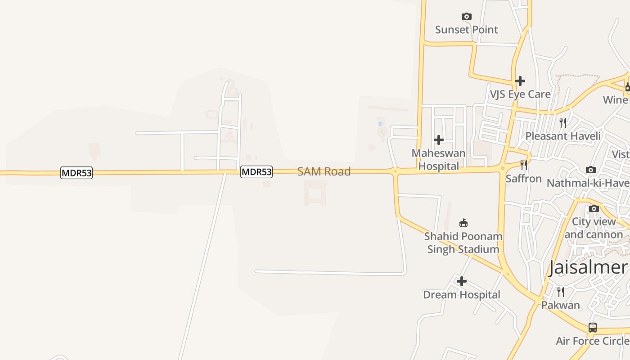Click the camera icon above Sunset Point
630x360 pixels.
pyautogui.click(x=467, y=17)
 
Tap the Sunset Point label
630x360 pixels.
pyautogui.click(x=467, y=30)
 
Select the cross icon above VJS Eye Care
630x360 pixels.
pyautogui.click(x=520, y=81)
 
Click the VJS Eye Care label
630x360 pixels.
pyautogui.click(x=520, y=94)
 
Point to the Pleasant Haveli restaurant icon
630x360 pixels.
pyautogui.click(x=562, y=122)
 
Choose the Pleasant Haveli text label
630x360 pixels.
pyautogui.click(x=563, y=136)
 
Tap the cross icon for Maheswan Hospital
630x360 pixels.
pyautogui.click(x=439, y=140)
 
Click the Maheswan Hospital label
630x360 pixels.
pyautogui.click(x=439, y=159)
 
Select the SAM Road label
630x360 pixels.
pyautogui.click(x=324, y=171)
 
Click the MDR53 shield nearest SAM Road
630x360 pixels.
pyautogui.click(x=256, y=172)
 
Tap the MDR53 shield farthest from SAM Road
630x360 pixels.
pyautogui.click(x=76, y=173)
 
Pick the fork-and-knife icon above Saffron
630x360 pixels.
pyautogui.click(x=523, y=165)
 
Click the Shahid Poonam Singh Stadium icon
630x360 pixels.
pyautogui.click(x=463, y=223)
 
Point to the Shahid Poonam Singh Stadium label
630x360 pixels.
pyautogui.click(x=463, y=243)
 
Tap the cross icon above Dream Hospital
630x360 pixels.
pyautogui.click(x=462, y=282)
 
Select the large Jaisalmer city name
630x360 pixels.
pyautogui.click(x=588, y=267)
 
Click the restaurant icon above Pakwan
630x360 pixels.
pyautogui.click(x=560, y=292)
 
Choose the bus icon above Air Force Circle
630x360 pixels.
pyautogui.click(x=593, y=328)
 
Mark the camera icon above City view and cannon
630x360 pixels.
pyautogui.click(x=594, y=209)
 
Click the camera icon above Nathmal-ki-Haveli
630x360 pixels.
pyautogui.click(x=591, y=170)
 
